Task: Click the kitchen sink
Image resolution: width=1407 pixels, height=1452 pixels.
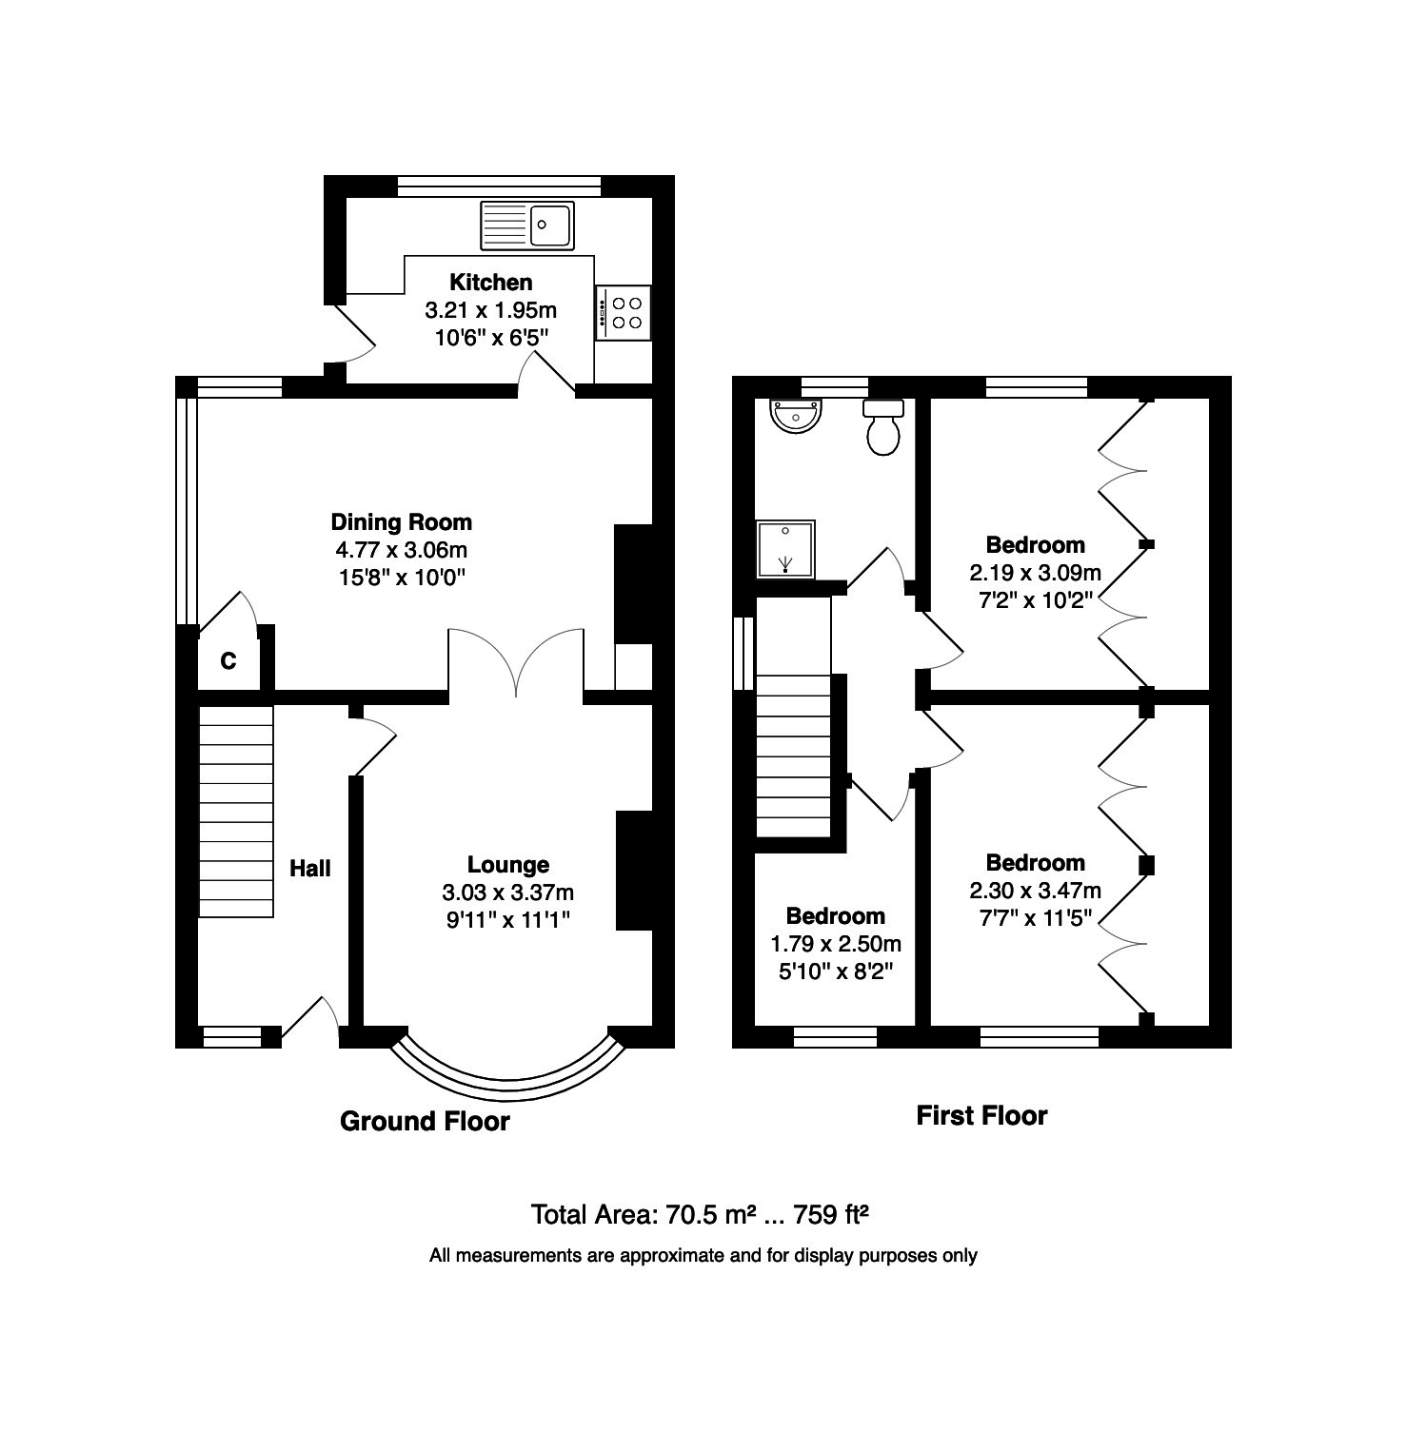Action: click(528, 225)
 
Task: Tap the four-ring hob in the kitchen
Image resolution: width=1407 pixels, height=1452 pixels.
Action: click(624, 312)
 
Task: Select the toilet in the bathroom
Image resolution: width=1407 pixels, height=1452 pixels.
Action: click(883, 426)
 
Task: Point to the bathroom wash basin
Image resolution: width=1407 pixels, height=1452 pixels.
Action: click(796, 415)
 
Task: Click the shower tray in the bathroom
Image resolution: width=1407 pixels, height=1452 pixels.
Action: click(785, 549)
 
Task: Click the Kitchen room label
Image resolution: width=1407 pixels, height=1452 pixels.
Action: click(491, 282)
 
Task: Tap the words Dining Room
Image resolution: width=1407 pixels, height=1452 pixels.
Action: click(401, 521)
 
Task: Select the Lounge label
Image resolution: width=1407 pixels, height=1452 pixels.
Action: click(508, 865)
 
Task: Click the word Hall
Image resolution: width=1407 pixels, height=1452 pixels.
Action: click(310, 868)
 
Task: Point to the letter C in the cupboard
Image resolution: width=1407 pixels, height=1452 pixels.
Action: click(228, 660)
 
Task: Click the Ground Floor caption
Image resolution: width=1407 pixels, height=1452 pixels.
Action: click(425, 1122)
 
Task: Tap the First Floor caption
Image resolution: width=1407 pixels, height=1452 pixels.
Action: click(981, 1115)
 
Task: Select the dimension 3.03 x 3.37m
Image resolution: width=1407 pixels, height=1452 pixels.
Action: click(508, 893)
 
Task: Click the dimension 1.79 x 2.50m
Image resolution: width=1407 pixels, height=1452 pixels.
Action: click(836, 944)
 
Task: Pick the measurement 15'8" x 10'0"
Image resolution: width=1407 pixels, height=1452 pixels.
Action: click(401, 577)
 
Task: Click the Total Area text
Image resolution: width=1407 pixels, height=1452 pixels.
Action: click(700, 1214)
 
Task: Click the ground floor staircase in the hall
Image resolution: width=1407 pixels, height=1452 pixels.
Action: click(236, 811)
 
